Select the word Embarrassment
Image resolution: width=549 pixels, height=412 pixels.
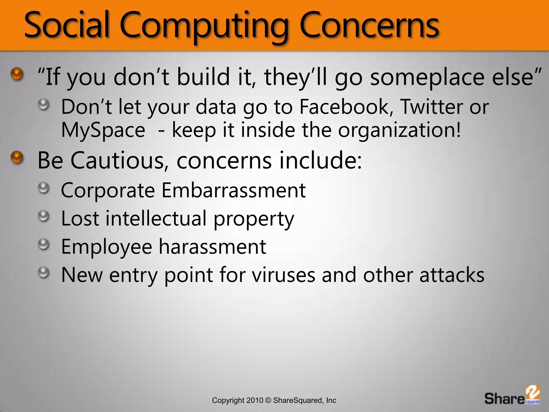(x=233, y=190)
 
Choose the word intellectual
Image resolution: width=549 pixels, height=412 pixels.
(x=156, y=218)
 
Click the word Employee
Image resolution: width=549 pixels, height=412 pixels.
(x=107, y=247)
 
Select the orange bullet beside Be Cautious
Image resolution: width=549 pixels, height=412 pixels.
(x=17, y=157)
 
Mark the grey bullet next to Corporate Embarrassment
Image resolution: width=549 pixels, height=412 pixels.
(x=43, y=188)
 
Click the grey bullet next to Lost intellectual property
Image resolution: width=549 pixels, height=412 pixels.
(x=43, y=216)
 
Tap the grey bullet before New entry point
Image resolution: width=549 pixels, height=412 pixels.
(x=43, y=273)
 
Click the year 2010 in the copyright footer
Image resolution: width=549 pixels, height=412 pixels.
(x=255, y=400)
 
